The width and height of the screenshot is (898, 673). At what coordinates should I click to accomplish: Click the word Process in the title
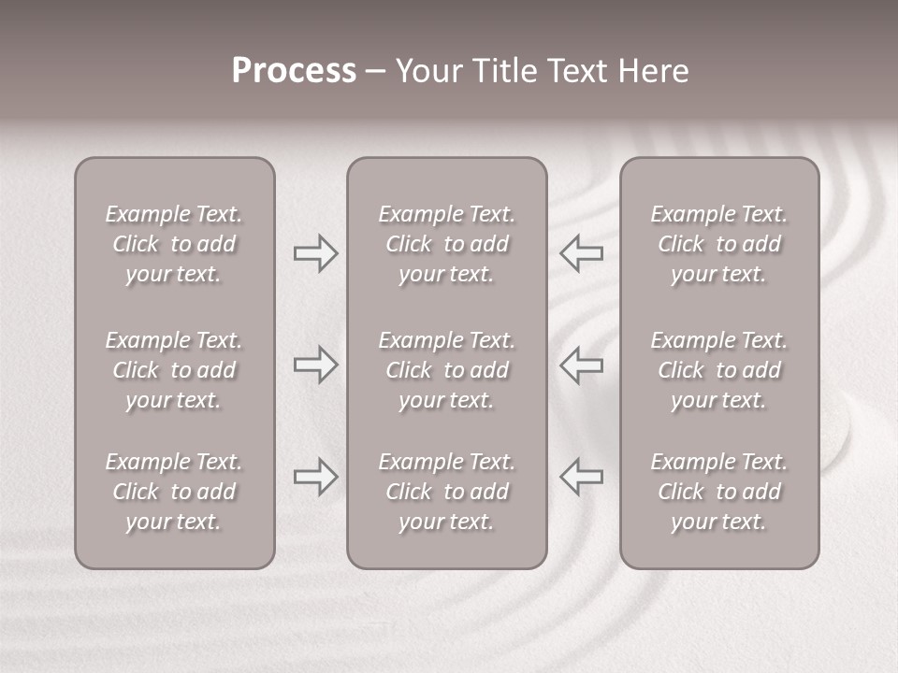click(294, 71)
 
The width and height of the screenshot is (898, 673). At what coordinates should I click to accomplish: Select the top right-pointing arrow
click(315, 253)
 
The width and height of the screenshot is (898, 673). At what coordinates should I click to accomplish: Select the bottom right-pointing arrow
click(315, 476)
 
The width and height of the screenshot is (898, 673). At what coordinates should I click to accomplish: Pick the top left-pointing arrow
click(581, 253)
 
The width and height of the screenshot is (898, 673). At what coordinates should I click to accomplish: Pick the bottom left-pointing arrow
click(581, 476)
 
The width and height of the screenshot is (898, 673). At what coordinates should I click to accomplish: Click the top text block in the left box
click(174, 244)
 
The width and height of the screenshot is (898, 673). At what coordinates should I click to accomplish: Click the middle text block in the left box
click(174, 370)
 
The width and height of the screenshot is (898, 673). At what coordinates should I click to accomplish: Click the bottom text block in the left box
click(174, 492)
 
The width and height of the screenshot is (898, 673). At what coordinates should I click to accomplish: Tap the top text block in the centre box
click(446, 244)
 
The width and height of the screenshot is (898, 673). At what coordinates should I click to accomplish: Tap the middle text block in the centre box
click(446, 370)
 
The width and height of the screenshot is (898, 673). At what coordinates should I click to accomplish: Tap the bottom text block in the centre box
click(446, 492)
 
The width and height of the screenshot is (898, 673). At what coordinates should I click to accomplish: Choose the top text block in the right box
click(718, 244)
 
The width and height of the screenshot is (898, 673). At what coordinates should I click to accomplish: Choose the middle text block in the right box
click(718, 370)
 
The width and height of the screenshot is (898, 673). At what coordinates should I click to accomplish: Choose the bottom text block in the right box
click(718, 492)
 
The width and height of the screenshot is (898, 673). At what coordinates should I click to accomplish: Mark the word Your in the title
click(427, 71)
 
